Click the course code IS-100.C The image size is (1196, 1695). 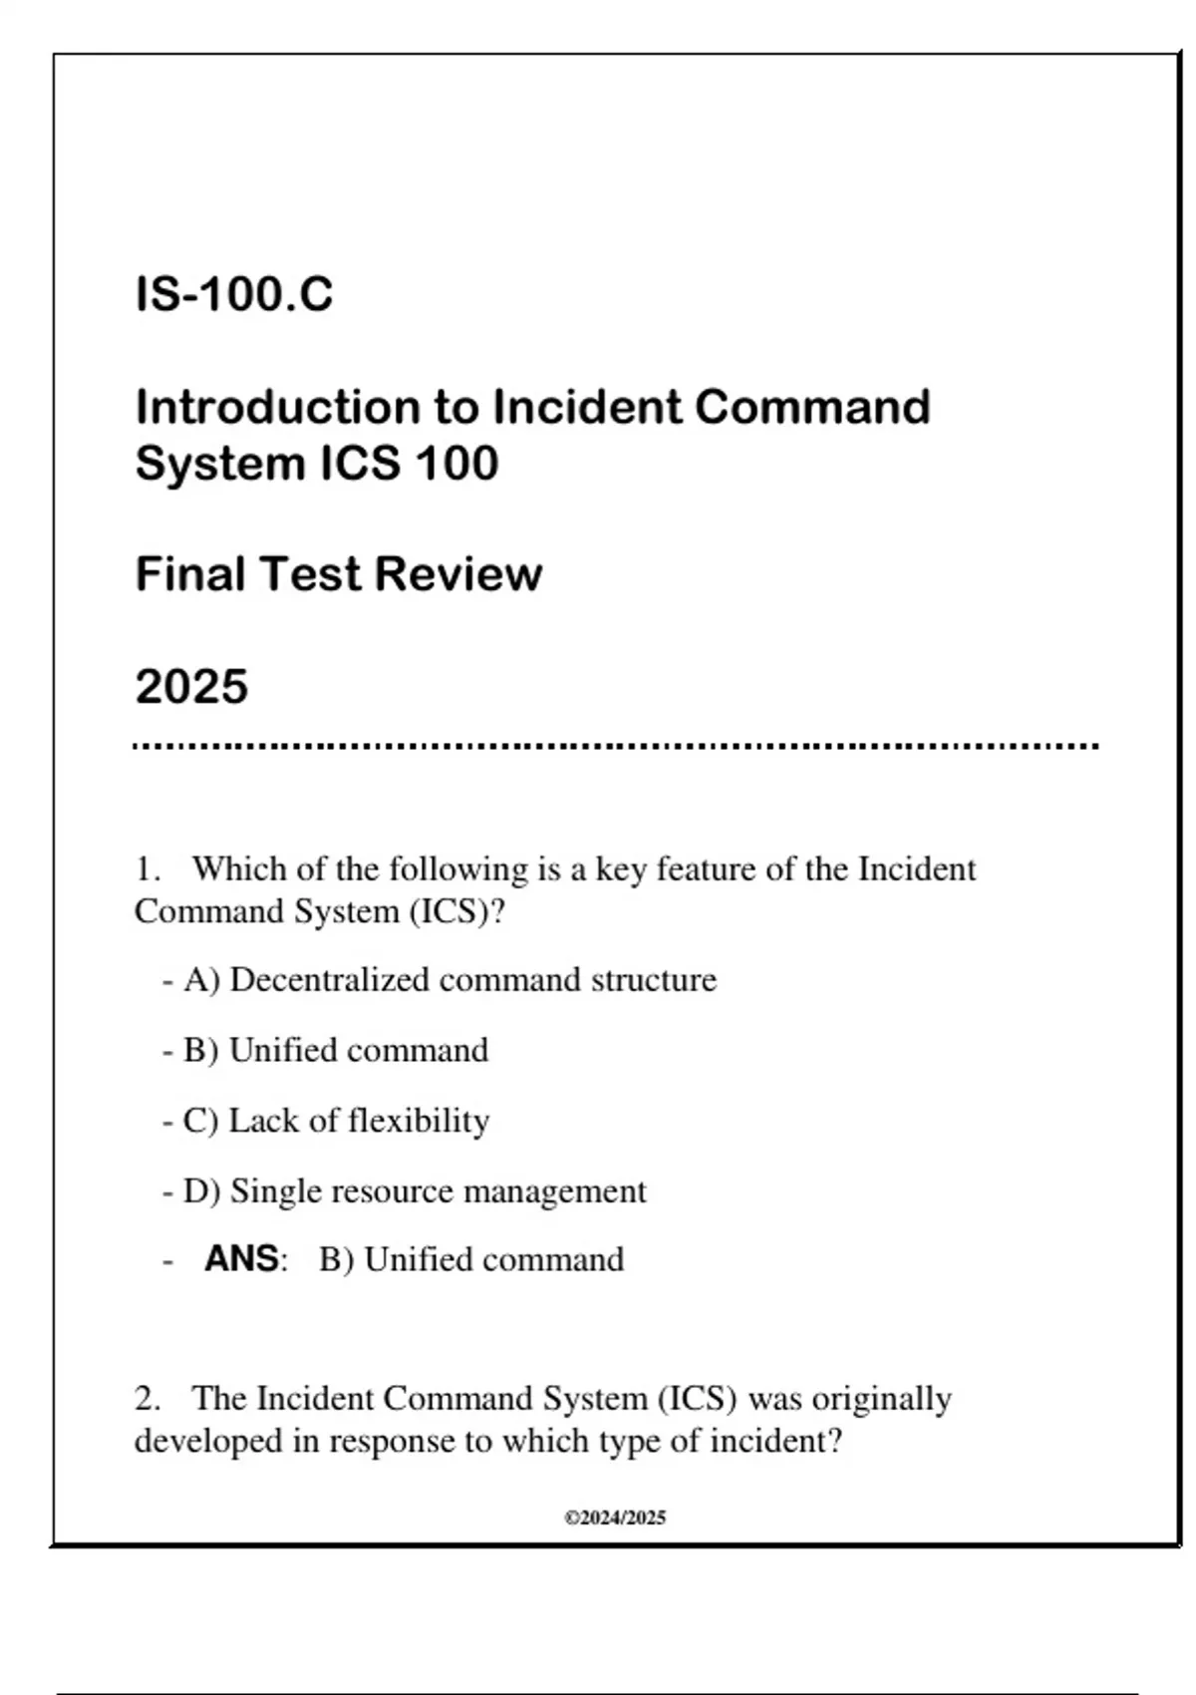pyautogui.click(x=234, y=295)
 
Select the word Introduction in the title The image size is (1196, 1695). pyautogui.click(x=276, y=408)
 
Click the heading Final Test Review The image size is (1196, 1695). pyautogui.click(x=339, y=574)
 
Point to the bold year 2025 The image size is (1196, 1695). pyautogui.click(x=191, y=687)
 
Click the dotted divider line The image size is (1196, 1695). pyautogui.click(x=616, y=746)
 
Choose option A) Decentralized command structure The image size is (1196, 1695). pyautogui.click(x=449, y=980)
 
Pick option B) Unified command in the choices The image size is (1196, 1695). pyautogui.click(x=336, y=1051)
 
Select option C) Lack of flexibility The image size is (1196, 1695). pyautogui.click(x=336, y=1121)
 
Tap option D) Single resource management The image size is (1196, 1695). pyautogui.click(x=415, y=1191)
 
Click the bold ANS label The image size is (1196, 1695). pyautogui.click(x=242, y=1259)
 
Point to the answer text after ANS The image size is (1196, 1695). pyautogui.click(x=471, y=1260)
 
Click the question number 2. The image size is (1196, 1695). pyautogui.click(x=148, y=1399)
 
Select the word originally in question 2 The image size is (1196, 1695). pyautogui.click(x=881, y=1399)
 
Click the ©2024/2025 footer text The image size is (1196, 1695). pyautogui.click(x=615, y=1519)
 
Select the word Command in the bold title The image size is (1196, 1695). pyautogui.click(x=811, y=408)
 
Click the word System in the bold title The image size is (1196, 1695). pyautogui.click(x=219, y=464)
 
